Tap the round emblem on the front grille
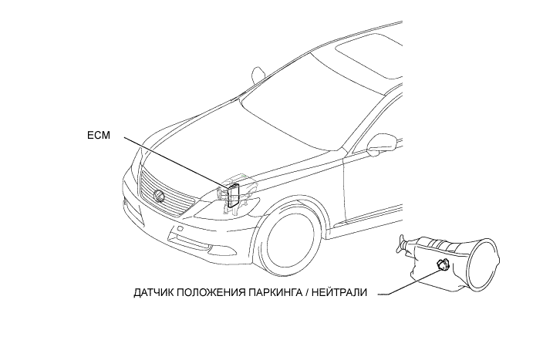coord(160,196)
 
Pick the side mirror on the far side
coord(257,76)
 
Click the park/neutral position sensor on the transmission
coord(441,266)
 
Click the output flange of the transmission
coord(402,246)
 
